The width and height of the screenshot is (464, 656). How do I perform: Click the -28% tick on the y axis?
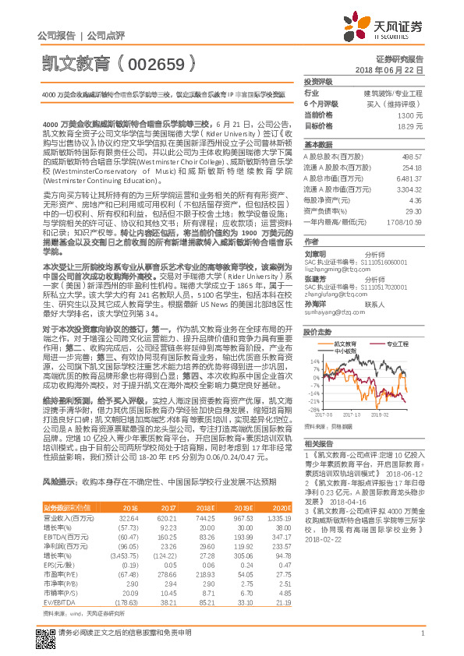pos(313,409)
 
